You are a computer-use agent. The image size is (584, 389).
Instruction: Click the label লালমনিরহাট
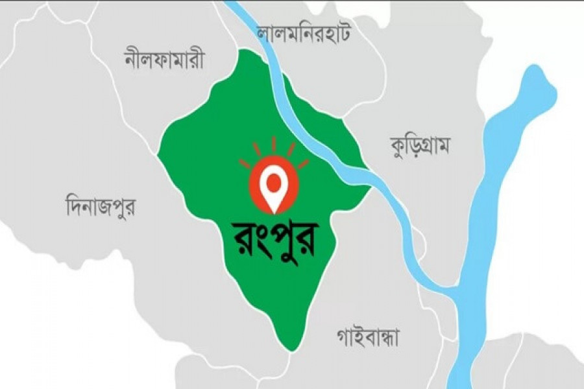[303, 32]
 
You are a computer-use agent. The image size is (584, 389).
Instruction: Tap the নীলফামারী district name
[164, 60]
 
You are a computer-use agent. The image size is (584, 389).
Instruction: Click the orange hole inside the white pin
[273, 179]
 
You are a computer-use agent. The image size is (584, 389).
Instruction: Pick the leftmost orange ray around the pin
[245, 163]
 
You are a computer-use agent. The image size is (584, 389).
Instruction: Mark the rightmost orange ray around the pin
[302, 163]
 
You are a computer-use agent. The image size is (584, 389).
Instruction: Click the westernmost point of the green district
[158, 156]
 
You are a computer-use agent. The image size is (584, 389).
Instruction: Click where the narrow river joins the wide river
[454, 289]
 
